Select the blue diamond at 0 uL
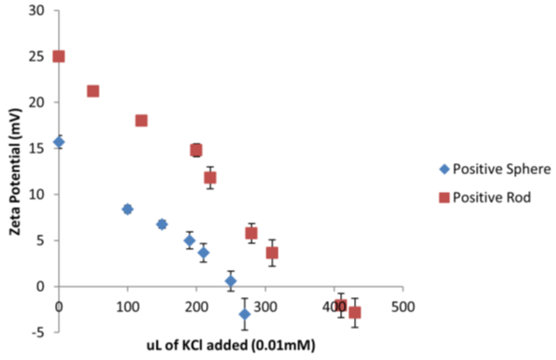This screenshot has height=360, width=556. point(59,142)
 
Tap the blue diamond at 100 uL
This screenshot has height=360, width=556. point(127,209)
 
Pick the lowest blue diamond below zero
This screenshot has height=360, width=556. point(245,314)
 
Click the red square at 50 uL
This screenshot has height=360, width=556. point(93,91)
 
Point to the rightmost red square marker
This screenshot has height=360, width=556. point(355,312)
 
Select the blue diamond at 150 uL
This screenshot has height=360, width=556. point(162,224)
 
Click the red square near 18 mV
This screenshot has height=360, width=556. point(141,120)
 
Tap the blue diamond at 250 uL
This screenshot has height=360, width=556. point(231,281)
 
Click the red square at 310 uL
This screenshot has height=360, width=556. point(272,253)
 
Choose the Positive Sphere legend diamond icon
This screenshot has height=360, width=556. point(444,169)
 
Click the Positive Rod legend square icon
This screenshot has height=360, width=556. point(444,197)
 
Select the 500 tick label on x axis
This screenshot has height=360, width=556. point(403,307)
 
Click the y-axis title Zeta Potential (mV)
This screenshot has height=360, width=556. point(15,172)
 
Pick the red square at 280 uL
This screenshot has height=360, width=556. point(251,233)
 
